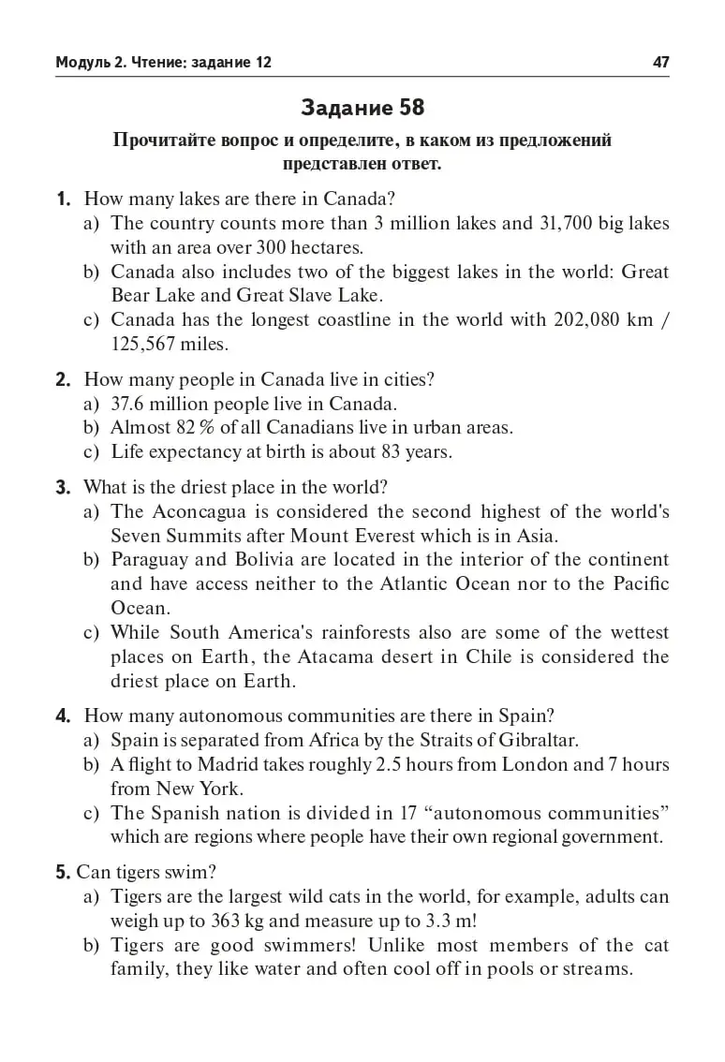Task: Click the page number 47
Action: pos(660,63)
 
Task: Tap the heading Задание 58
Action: pos(362,109)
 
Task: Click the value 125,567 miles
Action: pos(170,345)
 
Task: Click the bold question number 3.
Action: pos(63,488)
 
